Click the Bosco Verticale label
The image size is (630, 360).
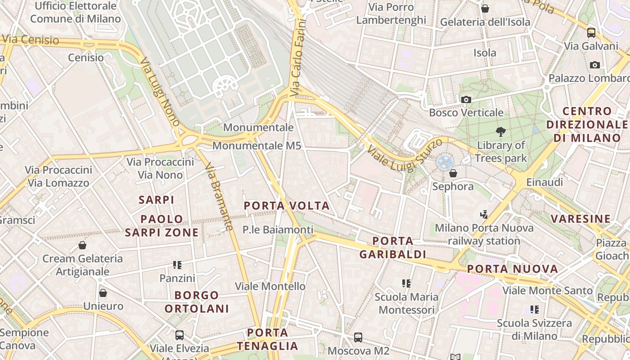click(466, 112)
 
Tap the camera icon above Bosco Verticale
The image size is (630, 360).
click(466, 99)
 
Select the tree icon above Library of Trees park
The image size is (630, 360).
click(500, 132)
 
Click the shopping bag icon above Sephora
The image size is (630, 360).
click(453, 173)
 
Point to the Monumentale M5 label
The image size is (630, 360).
click(256, 146)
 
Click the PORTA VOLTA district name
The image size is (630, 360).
click(287, 206)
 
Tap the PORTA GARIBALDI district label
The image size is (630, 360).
click(393, 248)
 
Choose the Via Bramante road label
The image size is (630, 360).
click(219, 197)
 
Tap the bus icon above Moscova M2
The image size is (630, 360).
click(358, 337)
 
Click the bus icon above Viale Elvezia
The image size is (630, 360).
click(180, 335)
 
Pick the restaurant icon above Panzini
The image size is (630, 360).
click(177, 265)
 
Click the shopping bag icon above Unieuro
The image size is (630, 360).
click(103, 293)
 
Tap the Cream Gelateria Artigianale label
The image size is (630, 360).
click(82, 265)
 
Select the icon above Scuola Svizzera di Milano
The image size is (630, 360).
click(535, 310)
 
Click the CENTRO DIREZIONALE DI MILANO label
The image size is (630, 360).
click(587, 125)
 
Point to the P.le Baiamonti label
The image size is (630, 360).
click(278, 230)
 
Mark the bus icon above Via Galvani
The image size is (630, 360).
click(591, 33)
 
